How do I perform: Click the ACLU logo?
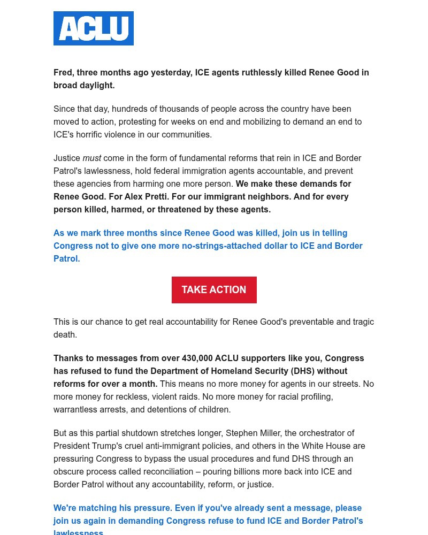pos(94,28)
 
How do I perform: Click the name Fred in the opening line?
pos(63,72)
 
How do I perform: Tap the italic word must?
pos(91,158)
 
